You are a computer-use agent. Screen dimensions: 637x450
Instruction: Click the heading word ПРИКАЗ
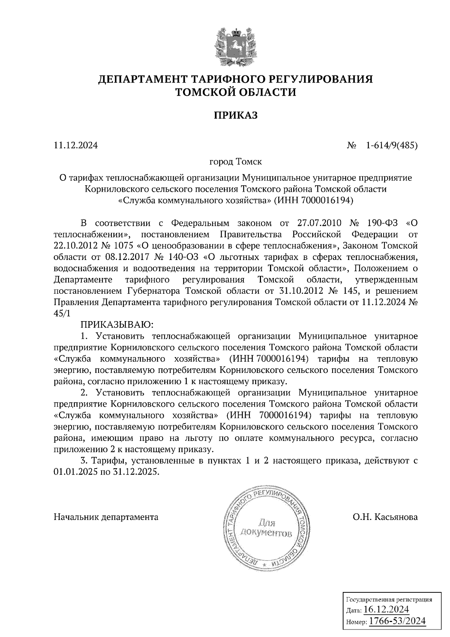coord(236,116)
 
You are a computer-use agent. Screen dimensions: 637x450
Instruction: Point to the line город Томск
coord(235,162)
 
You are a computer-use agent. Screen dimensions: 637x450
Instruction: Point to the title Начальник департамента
coord(106,517)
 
